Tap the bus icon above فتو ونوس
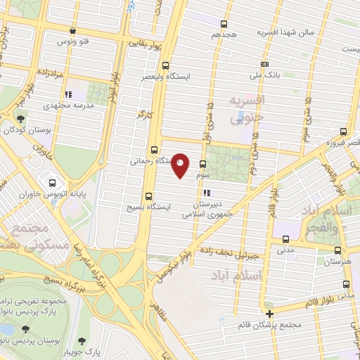tap(74, 30)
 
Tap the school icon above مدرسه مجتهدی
tap(67, 94)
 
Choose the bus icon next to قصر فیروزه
tap(343, 131)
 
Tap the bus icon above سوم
tap(202, 163)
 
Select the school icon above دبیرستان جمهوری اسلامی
tap(205, 193)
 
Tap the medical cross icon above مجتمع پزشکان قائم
tap(269, 314)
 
